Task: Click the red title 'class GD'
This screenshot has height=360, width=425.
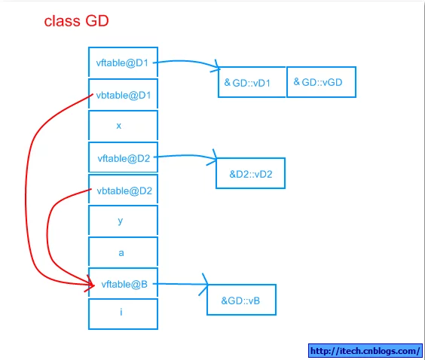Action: click(76, 21)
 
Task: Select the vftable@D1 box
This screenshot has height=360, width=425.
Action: click(123, 62)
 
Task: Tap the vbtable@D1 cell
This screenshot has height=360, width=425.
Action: click(123, 94)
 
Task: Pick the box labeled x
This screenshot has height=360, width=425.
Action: click(123, 126)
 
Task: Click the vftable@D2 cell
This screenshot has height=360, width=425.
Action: click(123, 157)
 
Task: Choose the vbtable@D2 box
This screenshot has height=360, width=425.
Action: click(123, 189)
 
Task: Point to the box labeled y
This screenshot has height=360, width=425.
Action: click(123, 220)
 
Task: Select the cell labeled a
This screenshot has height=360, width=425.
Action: click(123, 252)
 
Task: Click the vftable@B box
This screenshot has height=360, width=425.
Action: click(123, 283)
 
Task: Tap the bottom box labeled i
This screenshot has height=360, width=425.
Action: click(123, 314)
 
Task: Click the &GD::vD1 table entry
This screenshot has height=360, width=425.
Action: click(252, 82)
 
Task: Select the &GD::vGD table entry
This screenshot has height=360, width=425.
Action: click(321, 82)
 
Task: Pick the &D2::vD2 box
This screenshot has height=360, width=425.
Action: click(250, 173)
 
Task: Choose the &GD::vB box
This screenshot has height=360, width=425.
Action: click(241, 300)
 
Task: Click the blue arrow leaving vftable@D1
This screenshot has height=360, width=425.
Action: click(187, 62)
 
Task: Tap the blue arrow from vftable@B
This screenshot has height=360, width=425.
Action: click(181, 284)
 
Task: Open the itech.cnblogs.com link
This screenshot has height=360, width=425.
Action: click(365, 351)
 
